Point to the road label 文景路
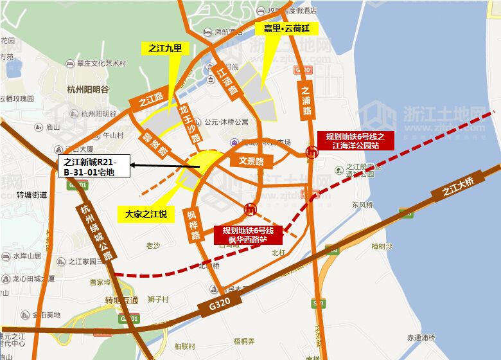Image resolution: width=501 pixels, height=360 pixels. coord(251,161)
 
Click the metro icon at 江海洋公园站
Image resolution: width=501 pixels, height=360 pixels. coord(312,152)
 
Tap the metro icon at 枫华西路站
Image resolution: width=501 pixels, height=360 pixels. coord(251,209)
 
